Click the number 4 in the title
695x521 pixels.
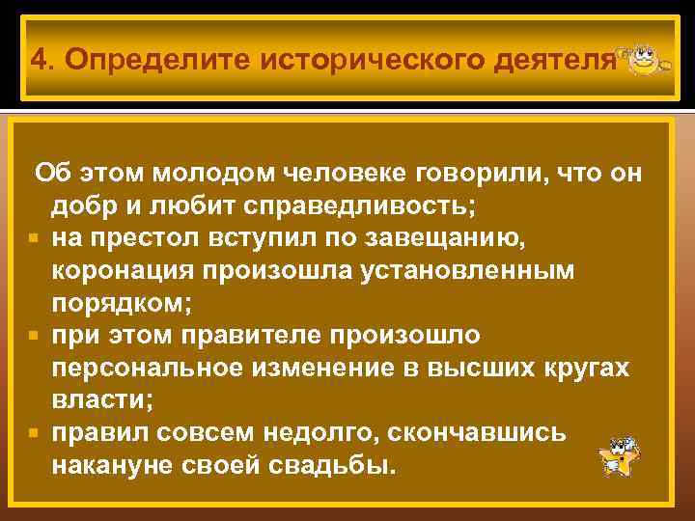click(x=38, y=60)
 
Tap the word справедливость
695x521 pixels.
click(x=359, y=206)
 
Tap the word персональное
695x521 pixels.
click(x=142, y=369)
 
